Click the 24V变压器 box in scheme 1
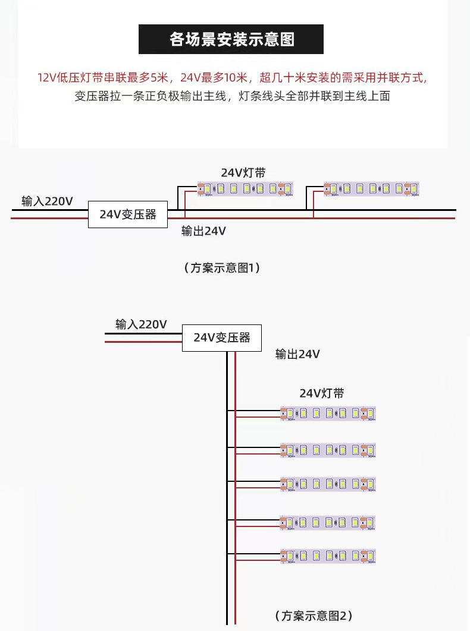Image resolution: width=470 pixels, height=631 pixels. (x=128, y=214)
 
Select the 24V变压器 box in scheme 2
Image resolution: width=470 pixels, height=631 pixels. (x=221, y=337)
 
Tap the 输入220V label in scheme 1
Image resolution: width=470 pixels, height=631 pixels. (x=47, y=201)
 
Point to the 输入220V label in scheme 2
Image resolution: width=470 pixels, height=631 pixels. (x=141, y=324)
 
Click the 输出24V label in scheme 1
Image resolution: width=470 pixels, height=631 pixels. (x=203, y=231)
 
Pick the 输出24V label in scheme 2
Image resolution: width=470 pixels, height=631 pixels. (x=297, y=354)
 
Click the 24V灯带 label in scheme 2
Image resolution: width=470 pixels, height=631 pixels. (x=321, y=393)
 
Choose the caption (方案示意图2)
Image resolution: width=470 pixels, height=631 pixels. (x=314, y=615)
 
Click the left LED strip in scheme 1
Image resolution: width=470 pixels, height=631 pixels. (x=245, y=189)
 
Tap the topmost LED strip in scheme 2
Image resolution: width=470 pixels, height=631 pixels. (x=328, y=414)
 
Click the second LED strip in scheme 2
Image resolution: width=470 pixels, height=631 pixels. (x=328, y=450)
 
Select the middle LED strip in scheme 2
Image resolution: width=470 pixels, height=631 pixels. (x=328, y=484)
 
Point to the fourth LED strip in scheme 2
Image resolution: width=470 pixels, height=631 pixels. (x=328, y=522)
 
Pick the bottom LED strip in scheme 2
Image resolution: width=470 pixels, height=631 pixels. (x=328, y=556)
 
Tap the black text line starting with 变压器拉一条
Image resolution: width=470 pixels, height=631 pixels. (x=232, y=96)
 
